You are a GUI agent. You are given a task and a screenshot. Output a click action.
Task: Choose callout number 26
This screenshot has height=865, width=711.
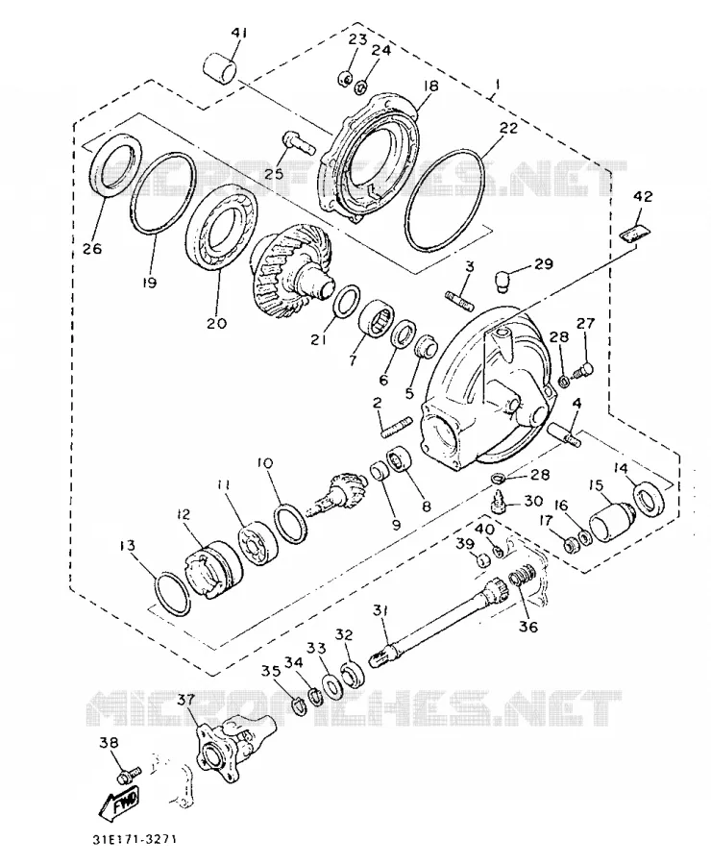click(x=92, y=248)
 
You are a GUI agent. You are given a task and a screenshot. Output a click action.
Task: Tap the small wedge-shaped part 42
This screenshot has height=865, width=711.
click(x=635, y=231)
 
